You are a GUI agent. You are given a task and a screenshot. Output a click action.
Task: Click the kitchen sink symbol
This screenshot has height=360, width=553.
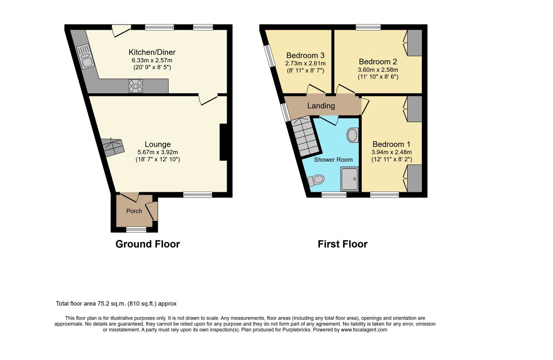tap(85, 56)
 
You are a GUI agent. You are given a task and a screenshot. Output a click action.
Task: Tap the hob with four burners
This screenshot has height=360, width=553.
tap(135, 86)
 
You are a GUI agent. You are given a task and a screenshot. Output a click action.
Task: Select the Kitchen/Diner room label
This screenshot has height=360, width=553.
tap(152, 52)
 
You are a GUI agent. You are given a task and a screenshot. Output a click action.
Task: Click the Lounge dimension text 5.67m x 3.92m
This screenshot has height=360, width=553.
tap(158, 152)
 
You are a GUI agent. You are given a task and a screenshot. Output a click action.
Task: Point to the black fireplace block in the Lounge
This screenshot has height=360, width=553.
tap(223, 142)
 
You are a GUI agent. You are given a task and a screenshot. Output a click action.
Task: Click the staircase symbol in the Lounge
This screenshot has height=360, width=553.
tap(112, 147)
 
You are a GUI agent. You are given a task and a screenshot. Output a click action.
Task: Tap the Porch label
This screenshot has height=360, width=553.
tap(134, 211)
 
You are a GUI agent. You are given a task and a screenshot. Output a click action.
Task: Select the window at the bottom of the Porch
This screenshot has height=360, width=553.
tap(136, 230)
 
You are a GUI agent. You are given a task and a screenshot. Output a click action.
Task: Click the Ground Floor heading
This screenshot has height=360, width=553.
tap(147, 244)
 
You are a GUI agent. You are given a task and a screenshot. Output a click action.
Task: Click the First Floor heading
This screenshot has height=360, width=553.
tap(343, 244)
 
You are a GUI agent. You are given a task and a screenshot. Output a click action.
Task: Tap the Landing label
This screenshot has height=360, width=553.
tap(321, 106)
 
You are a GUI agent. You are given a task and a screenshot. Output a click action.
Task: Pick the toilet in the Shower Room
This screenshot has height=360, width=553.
tap(316, 181)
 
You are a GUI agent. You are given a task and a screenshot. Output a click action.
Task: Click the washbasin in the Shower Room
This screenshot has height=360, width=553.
tap(353, 135)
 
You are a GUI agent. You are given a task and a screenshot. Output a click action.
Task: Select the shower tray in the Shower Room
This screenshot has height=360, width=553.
tap(349, 179)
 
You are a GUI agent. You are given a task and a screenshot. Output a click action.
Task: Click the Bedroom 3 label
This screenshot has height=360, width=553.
tap(305, 55)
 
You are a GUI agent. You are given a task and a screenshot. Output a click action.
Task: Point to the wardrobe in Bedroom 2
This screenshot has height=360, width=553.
tap(415, 43)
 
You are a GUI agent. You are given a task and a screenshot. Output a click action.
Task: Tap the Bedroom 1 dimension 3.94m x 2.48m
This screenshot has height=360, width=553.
tap(392, 152)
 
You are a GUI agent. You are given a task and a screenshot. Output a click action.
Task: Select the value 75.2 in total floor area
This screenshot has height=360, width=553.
tap(102, 304)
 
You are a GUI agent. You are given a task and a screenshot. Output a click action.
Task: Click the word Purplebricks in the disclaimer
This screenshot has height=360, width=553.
tap(297, 330)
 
